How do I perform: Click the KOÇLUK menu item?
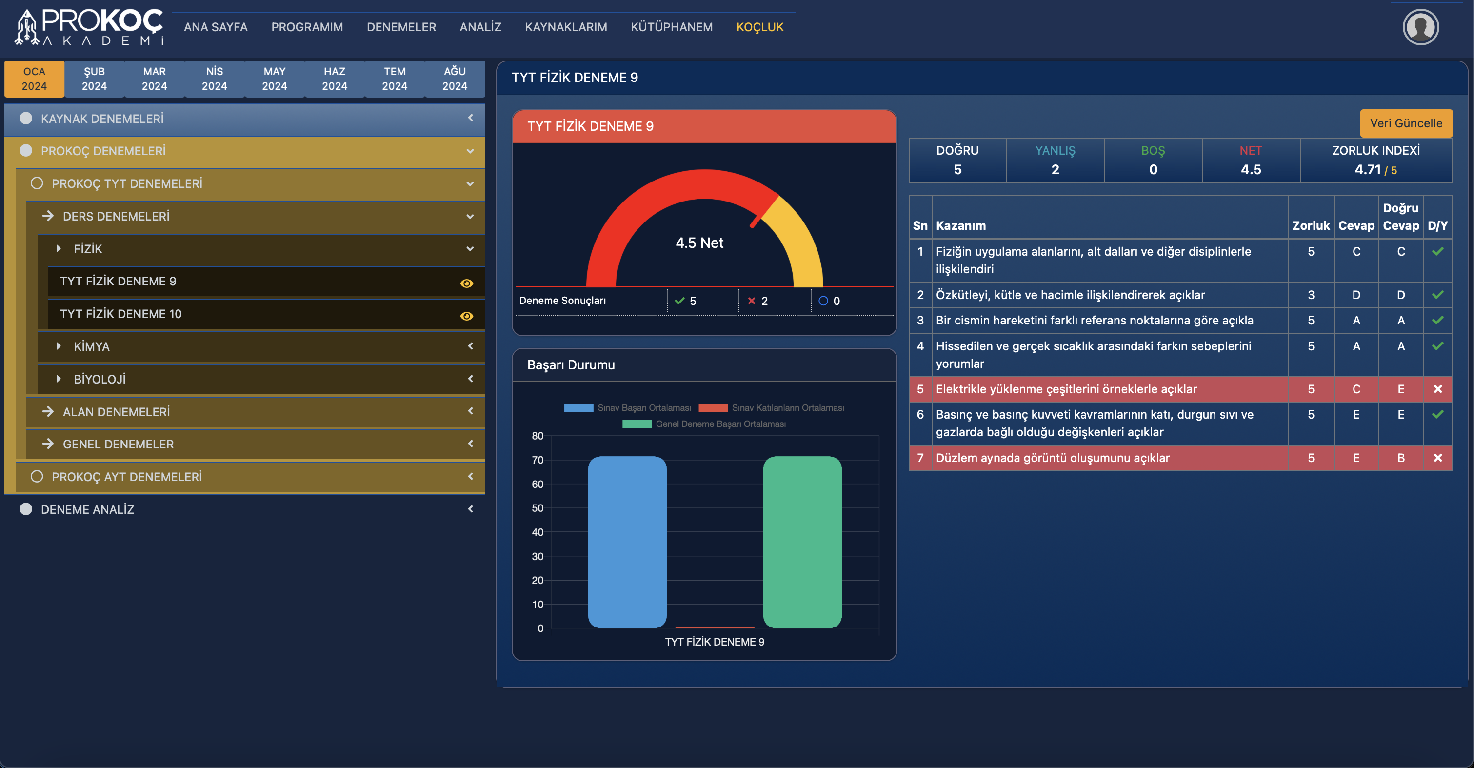[x=759, y=27]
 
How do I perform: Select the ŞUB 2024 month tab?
[x=95, y=79]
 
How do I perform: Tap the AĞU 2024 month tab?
[x=454, y=79]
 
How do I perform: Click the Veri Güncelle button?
[x=1405, y=123]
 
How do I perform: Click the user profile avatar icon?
[x=1420, y=27]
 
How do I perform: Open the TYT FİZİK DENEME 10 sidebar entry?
[x=121, y=314]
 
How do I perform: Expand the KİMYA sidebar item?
[x=92, y=346]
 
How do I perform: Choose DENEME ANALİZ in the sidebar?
[x=87, y=509]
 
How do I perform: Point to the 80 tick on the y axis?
[x=538, y=436]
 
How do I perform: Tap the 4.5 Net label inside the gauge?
[x=699, y=243]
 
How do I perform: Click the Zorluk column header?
[x=1310, y=225]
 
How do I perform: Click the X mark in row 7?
[x=1437, y=458]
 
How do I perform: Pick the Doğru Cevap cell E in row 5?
[x=1401, y=389]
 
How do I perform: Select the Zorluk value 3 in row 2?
[x=1310, y=295]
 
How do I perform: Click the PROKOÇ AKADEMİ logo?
[x=89, y=27]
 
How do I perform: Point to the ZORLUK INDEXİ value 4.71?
[x=1367, y=169]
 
